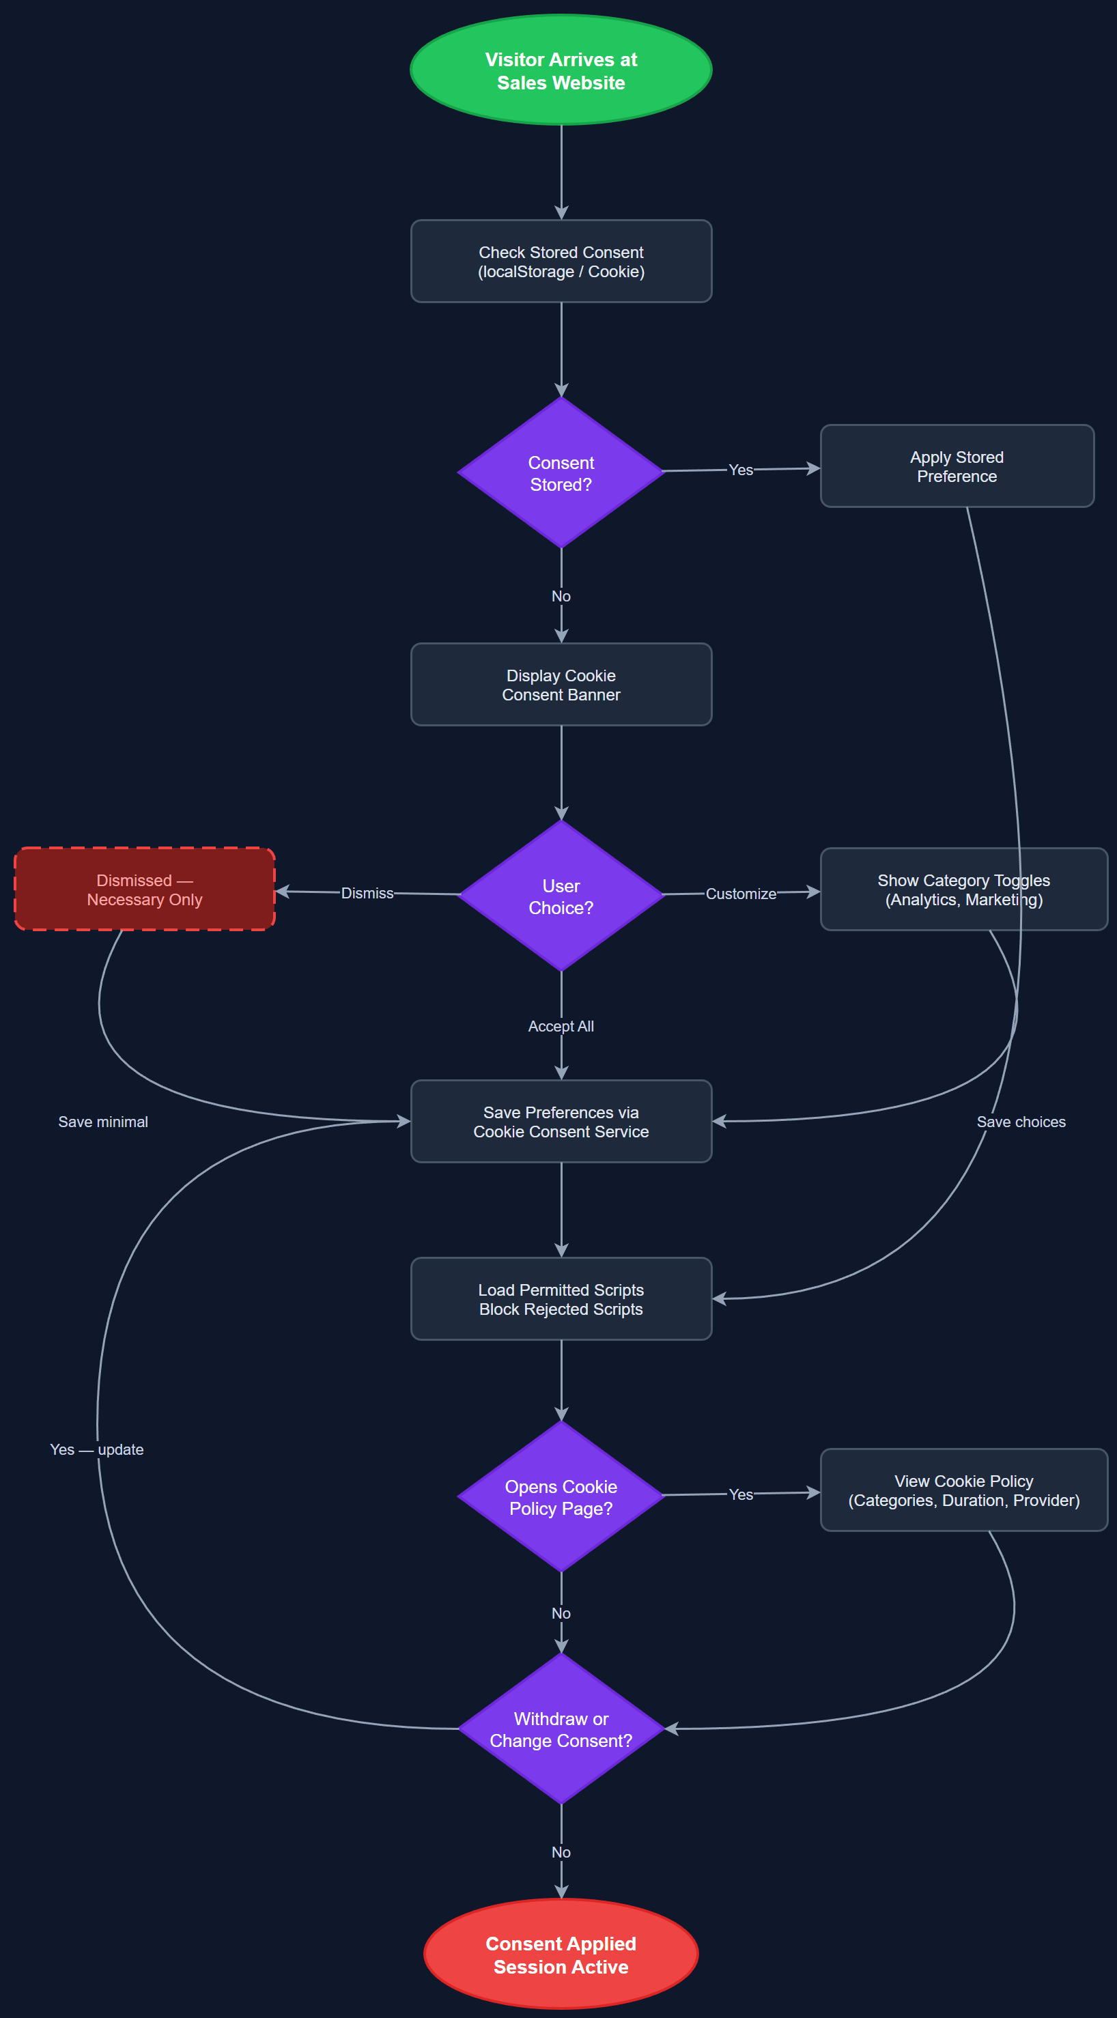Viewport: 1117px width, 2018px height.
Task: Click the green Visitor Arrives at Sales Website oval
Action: point(561,70)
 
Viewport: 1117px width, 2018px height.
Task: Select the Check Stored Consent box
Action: point(561,261)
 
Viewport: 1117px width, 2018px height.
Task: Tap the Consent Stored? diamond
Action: point(561,473)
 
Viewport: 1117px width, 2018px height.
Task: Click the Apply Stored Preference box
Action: point(957,467)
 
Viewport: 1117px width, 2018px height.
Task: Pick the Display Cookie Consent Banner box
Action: point(561,685)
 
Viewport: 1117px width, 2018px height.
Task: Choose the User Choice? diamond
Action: point(561,896)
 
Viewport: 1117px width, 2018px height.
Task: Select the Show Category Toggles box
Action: point(963,890)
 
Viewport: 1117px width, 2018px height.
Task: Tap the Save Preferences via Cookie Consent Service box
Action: point(561,1122)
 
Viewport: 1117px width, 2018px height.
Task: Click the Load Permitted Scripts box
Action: point(561,1299)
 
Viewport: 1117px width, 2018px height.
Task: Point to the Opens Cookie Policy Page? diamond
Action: point(561,1497)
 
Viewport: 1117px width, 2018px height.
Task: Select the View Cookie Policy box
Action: point(963,1490)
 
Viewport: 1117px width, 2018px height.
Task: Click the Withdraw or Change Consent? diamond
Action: point(561,1729)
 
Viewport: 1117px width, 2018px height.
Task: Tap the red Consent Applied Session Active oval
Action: point(561,1955)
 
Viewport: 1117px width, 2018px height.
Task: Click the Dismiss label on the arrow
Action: point(367,893)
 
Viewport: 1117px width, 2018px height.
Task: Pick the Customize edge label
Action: point(740,894)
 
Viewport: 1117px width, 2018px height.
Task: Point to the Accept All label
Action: point(561,1026)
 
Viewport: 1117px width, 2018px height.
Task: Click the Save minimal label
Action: point(102,1122)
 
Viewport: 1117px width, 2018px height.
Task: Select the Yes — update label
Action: point(96,1449)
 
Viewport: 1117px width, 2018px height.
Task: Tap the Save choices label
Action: point(1021,1122)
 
